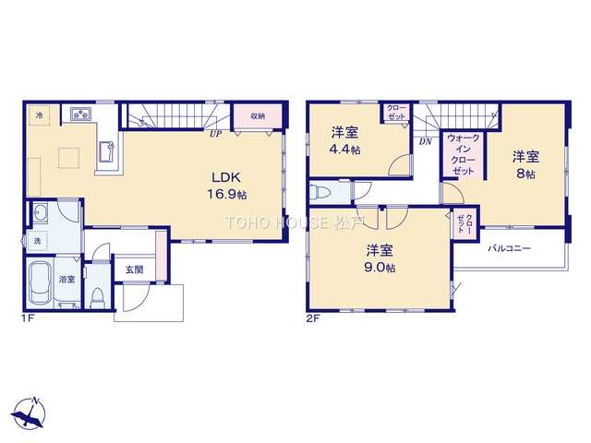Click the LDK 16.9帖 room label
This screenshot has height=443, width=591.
(x=226, y=186)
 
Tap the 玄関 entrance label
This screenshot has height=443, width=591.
(x=134, y=269)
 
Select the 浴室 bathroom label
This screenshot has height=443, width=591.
(x=67, y=279)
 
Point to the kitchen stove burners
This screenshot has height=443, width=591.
(x=81, y=114)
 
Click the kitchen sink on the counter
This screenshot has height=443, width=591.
(x=107, y=151)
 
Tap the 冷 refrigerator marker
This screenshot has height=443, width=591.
(x=39, y=115)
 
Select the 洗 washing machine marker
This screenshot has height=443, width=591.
(x=37, y=241)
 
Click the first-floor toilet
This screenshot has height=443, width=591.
(x=98, y=298)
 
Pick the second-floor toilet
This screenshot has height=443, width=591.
(x=320, y=194)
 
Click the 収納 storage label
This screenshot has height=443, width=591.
(x=258, y=116)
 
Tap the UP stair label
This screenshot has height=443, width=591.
(x=216, y=133)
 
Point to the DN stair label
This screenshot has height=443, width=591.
(x=425, y=141)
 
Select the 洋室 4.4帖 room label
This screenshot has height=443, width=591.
(x=344, y=141)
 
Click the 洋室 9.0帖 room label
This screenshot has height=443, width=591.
(x=380, y=258)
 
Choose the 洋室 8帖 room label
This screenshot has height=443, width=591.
(x=525, y=165)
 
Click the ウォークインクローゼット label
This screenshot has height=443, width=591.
(x=464, y=154)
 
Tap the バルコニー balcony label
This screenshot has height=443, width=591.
(x=510, y=248)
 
